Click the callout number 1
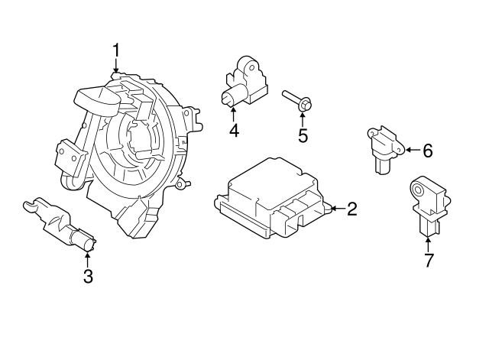(116, 51)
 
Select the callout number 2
(351, 209)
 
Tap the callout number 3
(88, 277)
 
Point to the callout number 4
(234, 131)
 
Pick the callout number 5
(303, 136)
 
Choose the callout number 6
(427, 151)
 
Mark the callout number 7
(429, 260)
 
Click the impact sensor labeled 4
(242, 83)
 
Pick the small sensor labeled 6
(381, 149)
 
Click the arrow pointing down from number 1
(116, 68)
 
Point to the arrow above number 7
(429, 241)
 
